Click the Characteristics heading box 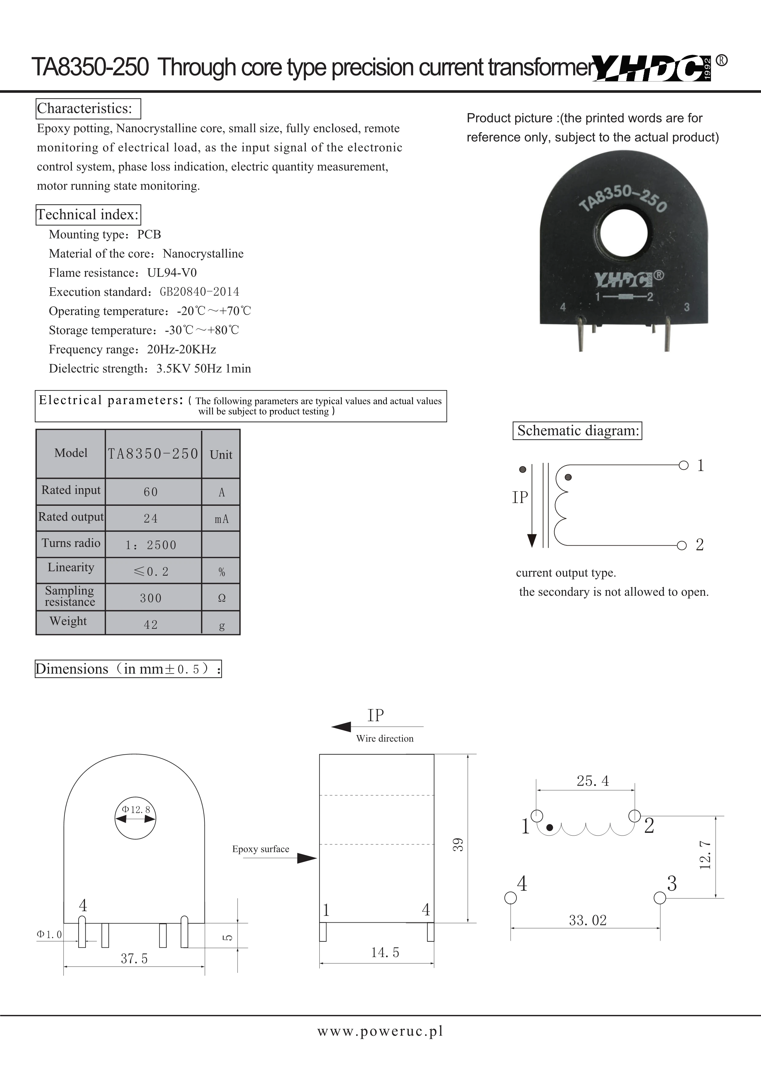tap(88, 109)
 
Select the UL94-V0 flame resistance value tap(172, 273)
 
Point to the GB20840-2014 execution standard tap(200, 292)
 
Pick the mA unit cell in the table tap(222, 519)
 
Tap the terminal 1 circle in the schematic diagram tap(684, 465)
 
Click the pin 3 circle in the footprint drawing tap(660, 898)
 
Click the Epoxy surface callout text tap(261, 849)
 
